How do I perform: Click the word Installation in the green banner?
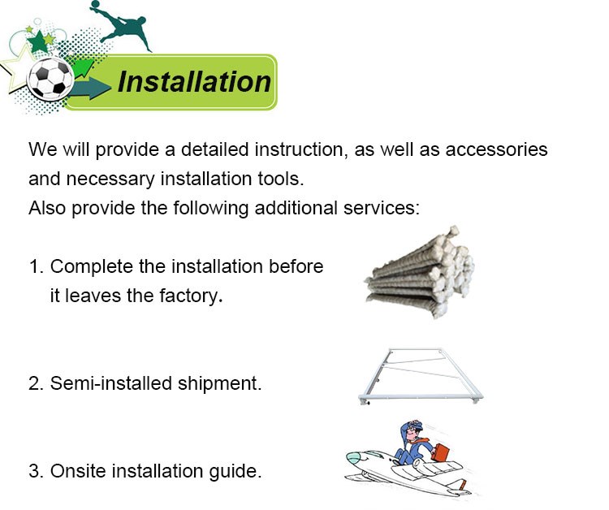[194, 82]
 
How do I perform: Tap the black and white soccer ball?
[50, 79]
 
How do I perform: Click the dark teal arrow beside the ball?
[89, 89]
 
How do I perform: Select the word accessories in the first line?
[496, 149]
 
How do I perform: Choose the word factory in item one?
[191, 296]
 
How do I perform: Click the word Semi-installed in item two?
[111, 383]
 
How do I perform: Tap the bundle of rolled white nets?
[420, 272]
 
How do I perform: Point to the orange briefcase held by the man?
[439, 452]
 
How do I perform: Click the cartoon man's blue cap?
[413, 425]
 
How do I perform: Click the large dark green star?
[38, 42]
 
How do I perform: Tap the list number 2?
[36, 384]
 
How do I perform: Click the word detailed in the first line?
[215, 149]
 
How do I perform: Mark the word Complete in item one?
[92, 267]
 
